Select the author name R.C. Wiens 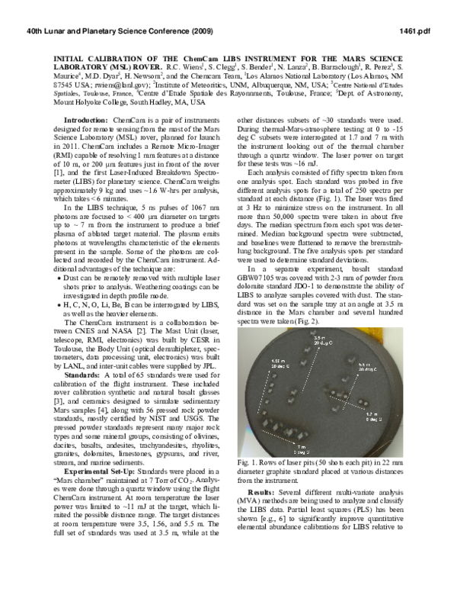[203, 66]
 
